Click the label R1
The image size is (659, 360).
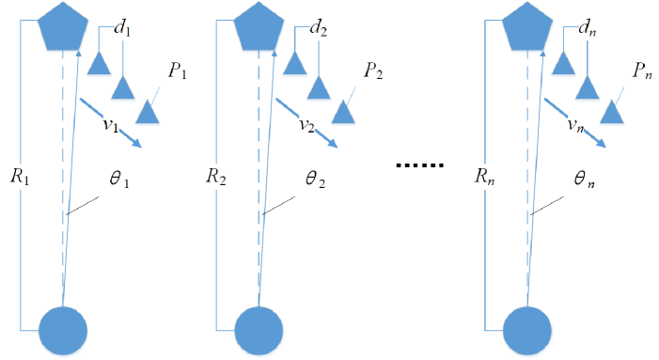pos(20,175)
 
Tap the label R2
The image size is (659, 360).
pos(215,175)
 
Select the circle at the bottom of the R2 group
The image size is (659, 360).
pos(259,331)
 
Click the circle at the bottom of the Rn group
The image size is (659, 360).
pos(530,331)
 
